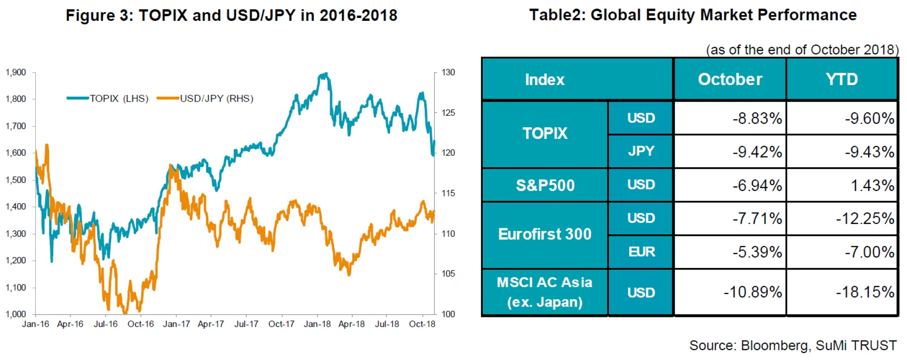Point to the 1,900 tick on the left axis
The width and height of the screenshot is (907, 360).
[16, 73]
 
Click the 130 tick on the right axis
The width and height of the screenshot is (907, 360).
[448, 73]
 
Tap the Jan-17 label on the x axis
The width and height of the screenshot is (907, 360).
[176, 324]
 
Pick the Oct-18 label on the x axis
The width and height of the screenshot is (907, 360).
[422, 324]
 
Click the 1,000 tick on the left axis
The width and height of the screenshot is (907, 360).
[16, 314]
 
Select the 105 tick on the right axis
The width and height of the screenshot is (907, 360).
[448, 274]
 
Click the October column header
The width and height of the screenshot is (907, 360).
[730, 79]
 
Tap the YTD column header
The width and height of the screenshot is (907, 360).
[842, 79]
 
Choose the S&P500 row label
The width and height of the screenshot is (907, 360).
[545, 185]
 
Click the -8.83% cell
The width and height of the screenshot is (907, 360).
[757, 118]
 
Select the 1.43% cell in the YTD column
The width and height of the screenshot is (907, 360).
[872, 185]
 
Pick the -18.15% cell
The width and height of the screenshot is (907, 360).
[864, 292]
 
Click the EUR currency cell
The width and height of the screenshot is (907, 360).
[641, 252]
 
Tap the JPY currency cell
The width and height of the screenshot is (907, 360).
[641, 151]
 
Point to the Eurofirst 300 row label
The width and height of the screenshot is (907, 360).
[545, 234]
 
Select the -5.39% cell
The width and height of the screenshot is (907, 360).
[757, 252]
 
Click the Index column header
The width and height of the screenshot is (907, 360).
[545, 79]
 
